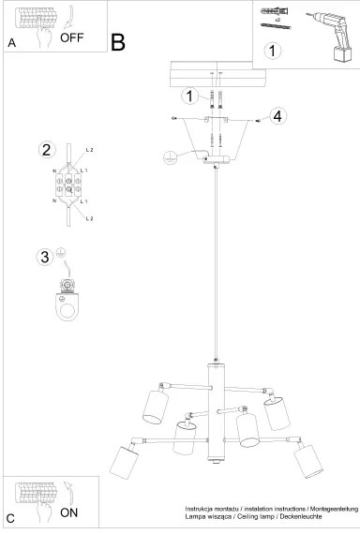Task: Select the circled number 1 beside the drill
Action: pyautogui.click(x=272, y=52)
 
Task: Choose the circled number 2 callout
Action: pyautogui.click(x=45, y=149)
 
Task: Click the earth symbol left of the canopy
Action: pyautogui.click(x=170, y=158)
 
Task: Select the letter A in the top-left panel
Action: pyautogui.click(x=12, y=43)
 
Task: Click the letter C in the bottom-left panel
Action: pyautogui.click(x=10, y=518)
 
